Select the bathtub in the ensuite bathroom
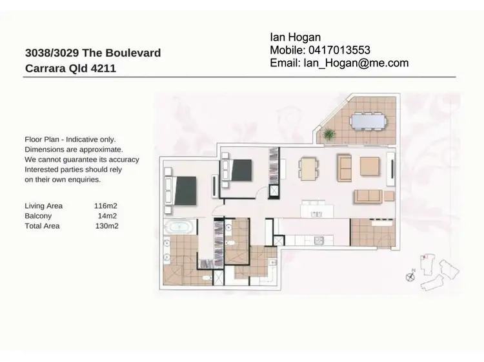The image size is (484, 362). pyautogui.click(x=178, y=227)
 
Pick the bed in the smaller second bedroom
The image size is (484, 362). pyautogui.click(x=239, y=171)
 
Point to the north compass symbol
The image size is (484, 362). pyautogui.click(x=410, y=276)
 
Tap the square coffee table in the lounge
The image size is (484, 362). pyautogui.click(x=370, y=166)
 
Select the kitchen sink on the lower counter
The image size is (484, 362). pyautogui.click(x=318, y=241)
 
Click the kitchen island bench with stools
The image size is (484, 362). pyautogui.click(x=314, y=209)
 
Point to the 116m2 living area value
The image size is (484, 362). pyautogui.click(x=106, y=206)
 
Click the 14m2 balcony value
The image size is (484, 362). pyautogui.click(x=107, y=216)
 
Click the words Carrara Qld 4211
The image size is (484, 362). pyautogui.click(x=70, y=68)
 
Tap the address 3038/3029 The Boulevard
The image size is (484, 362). pyautogui.click(x=92, y=53)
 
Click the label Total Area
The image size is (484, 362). pyautogui.click(x=41, y=226)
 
